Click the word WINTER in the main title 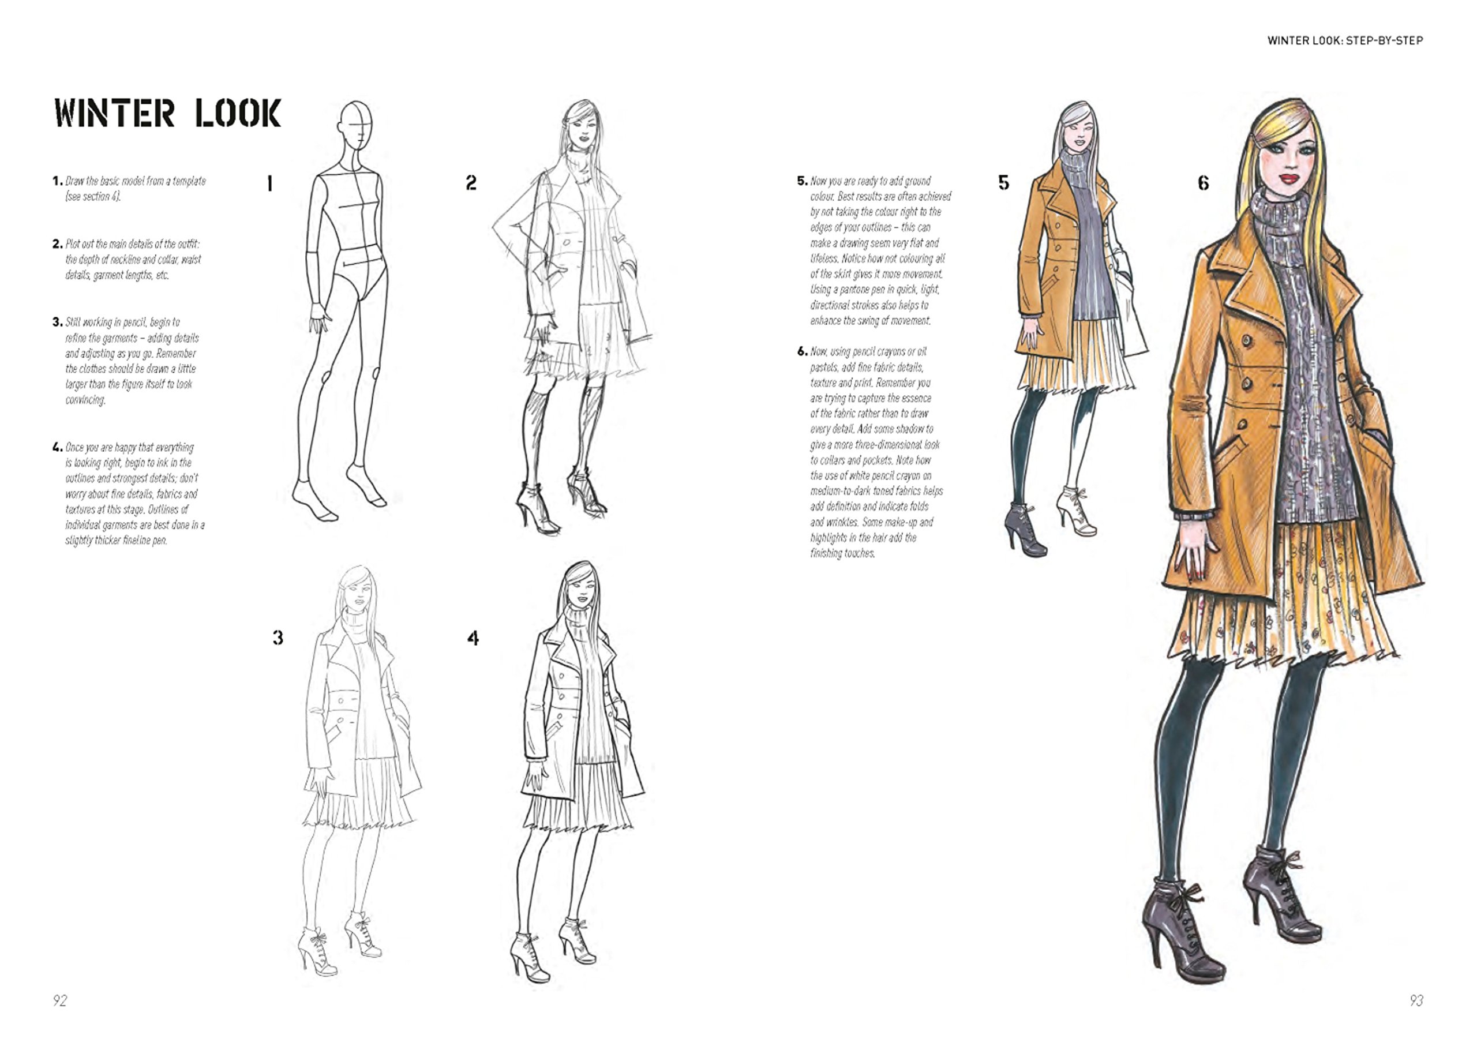115,113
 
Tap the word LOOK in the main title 238,113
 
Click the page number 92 60,1000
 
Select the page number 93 1416,1000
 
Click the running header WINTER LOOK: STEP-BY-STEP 1345,40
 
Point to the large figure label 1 270,183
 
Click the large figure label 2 471,183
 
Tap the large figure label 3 278,638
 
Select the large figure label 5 1003,183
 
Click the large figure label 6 1204,183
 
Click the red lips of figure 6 1289,178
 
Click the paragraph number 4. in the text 57,447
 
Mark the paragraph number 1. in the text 57,181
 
